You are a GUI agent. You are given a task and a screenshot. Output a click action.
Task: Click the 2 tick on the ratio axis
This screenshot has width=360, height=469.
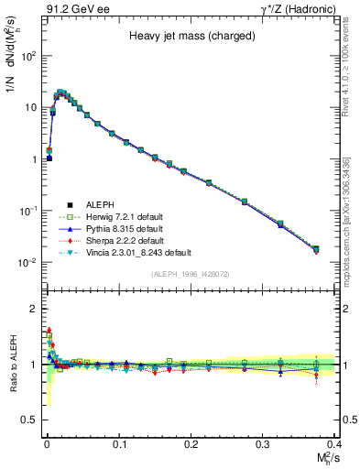coord(33,309)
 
